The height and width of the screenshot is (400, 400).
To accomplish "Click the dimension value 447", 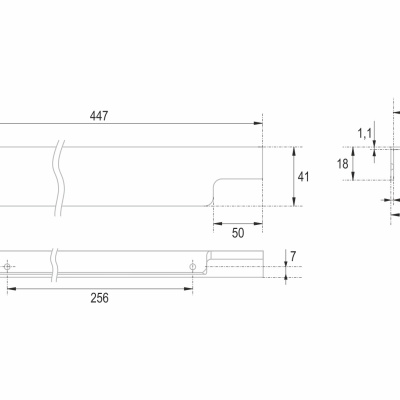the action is coord(99,116).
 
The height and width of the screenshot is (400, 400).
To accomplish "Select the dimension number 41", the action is coord(303,177).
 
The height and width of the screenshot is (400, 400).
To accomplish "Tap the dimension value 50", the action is coord(238,233).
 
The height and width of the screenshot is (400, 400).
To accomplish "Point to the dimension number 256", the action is coord(99,298).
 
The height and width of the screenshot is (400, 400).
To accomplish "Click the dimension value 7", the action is coord(293,257).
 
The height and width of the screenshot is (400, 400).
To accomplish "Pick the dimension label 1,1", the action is coord(364,134).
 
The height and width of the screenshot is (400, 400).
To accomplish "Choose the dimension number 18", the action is coord(343,164).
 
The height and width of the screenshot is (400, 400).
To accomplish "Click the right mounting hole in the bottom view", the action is coord(192,267).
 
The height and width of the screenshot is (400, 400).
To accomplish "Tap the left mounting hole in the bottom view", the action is coord(7,267).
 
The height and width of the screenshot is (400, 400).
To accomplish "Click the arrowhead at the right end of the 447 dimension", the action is coord(258,123).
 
